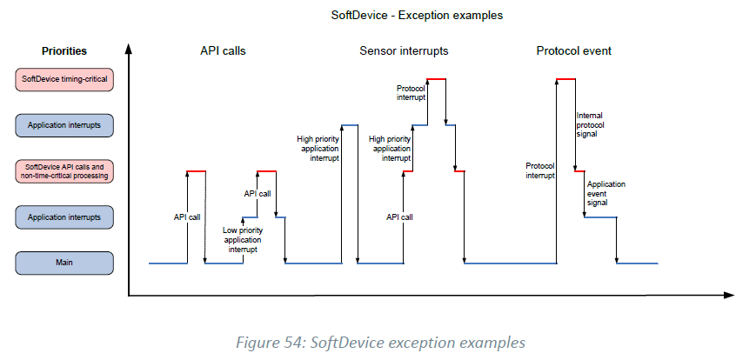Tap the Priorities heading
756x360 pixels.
point(64,51)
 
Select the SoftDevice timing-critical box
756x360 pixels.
point(64,80)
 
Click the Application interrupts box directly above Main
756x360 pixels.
point(64,217)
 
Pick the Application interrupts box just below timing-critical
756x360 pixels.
point(64,126)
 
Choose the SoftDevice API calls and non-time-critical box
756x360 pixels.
point(64,170)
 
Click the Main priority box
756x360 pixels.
point(64,262)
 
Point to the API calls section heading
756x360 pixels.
point(223,50)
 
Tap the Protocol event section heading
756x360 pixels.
point(573,50)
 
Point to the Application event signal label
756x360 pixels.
point(605,193)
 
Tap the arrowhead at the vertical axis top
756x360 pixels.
point(130,49)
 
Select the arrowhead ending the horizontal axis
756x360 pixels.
point(733,297)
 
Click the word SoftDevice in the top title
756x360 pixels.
point(357,15)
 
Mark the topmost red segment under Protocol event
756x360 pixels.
point(566,79)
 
